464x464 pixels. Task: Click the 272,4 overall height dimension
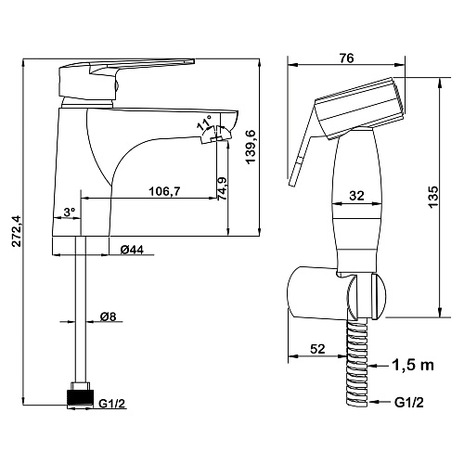point(17,231)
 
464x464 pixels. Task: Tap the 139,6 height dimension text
point(251,148)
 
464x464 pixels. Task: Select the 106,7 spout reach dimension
point(164,191)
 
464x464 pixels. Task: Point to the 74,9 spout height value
point(223,188)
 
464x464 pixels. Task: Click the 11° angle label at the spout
point(204,122)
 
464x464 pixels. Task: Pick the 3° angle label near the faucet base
point(70,213)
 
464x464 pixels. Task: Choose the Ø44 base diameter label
point(132,250)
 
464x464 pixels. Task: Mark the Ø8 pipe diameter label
point(108,316)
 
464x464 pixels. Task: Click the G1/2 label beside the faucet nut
point(111,404)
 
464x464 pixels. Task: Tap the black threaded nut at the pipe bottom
point(80,397)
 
